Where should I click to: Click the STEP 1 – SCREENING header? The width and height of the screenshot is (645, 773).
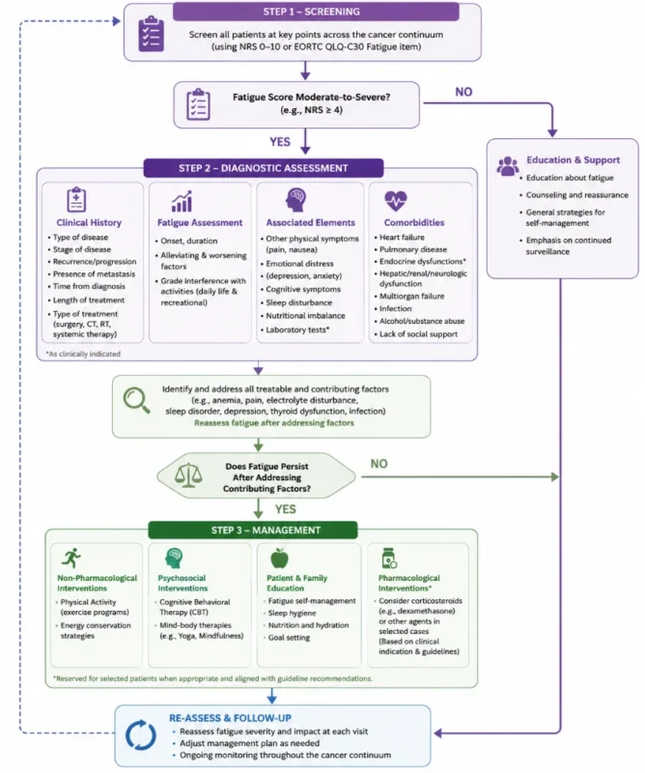(x=316, y=12)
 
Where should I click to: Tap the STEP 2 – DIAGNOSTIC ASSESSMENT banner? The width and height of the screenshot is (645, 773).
(x=264, y=168)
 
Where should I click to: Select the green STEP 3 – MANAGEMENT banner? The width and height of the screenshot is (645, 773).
(x=253, y=530)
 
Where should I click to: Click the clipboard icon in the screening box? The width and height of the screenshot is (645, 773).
(x=151, y=34)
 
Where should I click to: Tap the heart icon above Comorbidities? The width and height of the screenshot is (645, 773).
(x=396, y=201)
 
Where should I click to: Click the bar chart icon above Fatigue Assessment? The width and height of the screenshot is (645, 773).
(x=182, y=201)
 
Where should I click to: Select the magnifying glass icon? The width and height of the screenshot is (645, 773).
(x=136, y=400)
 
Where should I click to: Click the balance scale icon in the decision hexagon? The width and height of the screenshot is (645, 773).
(x=188, y=475)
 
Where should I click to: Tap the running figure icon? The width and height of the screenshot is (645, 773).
(x=70, y=558)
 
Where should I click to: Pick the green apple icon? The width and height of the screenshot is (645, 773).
(x=279, y=558)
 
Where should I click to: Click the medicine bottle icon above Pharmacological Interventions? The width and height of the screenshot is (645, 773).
(x=389, y=558)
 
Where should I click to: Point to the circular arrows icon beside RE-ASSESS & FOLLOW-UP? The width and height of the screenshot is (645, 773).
(x=140, y=735)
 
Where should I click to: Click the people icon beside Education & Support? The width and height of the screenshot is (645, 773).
(x=508, y=166)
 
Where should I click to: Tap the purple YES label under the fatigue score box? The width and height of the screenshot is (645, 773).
(x=280, y=142)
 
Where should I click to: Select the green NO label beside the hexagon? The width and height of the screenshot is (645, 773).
(x=379, y=464)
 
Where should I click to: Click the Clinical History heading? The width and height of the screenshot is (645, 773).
(x=89, y=222)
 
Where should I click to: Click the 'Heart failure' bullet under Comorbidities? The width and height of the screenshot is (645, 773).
(x=402, y=237)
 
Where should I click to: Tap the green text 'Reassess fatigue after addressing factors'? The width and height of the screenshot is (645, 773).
(x=274, y=422)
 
